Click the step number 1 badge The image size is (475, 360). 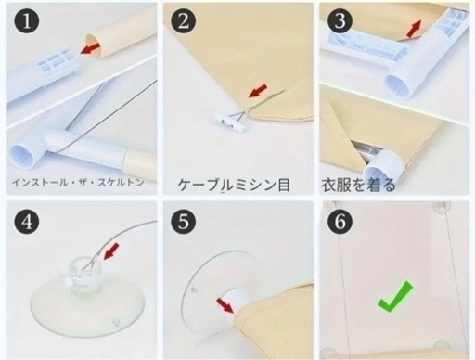(x=27, y=21)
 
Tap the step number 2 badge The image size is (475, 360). (x=184, y=21)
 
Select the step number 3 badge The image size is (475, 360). (x=340, y=21)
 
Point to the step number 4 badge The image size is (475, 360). (x=27, y=221)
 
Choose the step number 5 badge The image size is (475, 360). (x=184, y=221)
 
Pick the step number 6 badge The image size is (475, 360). (x=340, y=221)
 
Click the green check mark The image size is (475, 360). (x=395, y=296)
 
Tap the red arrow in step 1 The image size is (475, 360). (x=90, y=48)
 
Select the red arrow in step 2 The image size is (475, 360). (x=258, y=90)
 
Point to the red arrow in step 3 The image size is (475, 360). (x=414, y=29)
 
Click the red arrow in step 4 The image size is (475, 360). (x=111, y=251)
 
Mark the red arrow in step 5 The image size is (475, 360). (x=225, y=305)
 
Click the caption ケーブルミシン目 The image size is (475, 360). (x=234, y=185)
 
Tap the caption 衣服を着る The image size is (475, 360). (x=358, y=185)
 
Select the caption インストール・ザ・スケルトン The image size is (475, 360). (x=78, y=182)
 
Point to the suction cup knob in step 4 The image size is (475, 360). (x=83, y=274)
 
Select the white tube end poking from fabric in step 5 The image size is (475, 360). (x=234, y=299)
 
